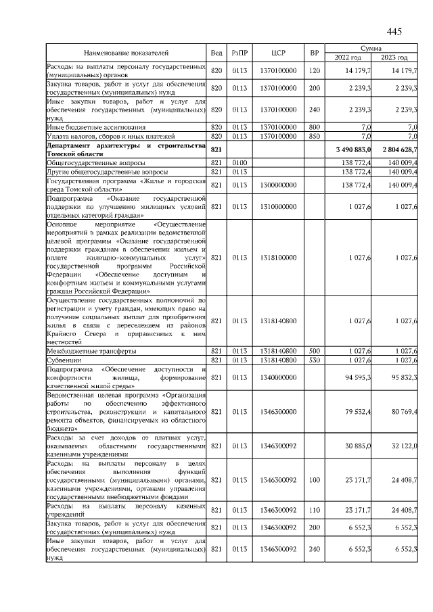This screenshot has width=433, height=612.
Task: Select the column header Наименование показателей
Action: click(126, 53)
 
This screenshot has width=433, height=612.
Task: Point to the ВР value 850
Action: click(313, 136)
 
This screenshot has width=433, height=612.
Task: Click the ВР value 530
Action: click(313, 360)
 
